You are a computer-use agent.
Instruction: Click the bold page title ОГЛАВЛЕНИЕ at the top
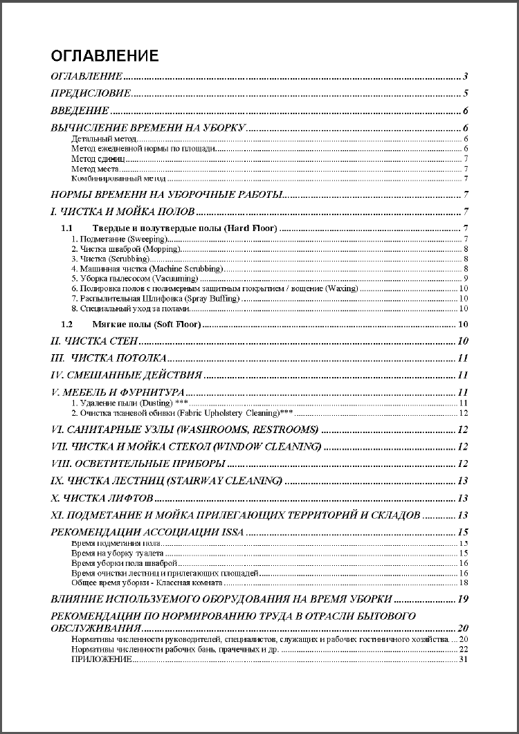click(x=105, y=56)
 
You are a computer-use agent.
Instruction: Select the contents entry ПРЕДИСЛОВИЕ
click(x=91, y=93)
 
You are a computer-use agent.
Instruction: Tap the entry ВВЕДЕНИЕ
click(x=80, y=111)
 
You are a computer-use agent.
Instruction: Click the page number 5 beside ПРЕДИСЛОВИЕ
click(x=467, y=93)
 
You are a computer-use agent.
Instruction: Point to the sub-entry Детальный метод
click(x=99, y=139)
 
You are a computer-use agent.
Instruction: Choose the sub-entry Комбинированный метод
click(x=109, y=178)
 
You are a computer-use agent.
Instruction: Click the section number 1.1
click(x=66, y=228)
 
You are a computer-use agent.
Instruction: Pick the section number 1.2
click(x=66, y=324)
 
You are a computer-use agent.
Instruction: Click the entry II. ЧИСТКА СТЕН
click(x=95, y=341)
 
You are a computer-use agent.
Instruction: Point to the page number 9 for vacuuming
click(x=467, y=278)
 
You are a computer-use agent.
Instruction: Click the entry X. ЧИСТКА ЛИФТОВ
click(x=102, y=498)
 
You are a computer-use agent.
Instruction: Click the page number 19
click(x=464, y=598)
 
